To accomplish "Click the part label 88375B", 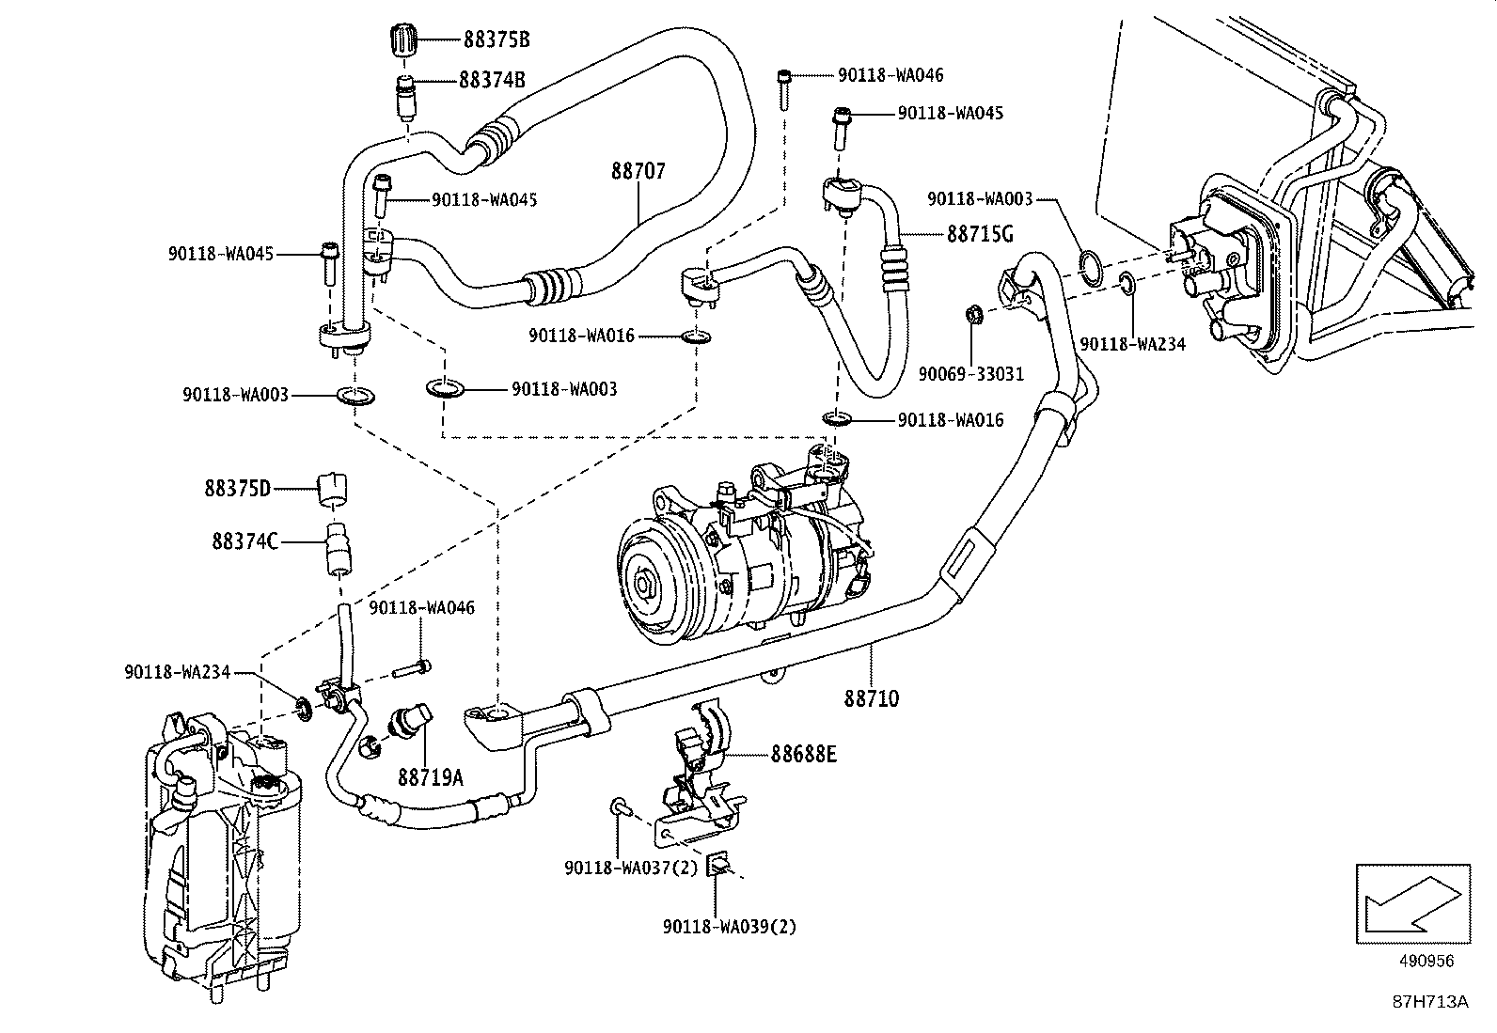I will (x=496, y=39).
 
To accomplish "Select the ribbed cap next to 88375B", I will (x=402, y=42).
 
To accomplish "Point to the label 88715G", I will (x=980, y=233).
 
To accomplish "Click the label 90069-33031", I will (x=970, y=373).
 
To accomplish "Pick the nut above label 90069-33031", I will (x=975, y=314).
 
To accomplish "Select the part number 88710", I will (x=871, y=698).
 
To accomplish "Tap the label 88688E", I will (x=803, y=753).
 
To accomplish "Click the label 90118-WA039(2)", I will (x=729, y=926).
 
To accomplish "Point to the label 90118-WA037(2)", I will (x=631, y=868).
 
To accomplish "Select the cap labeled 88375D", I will (x=334, y=486).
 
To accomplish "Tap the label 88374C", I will (x=244, y=541).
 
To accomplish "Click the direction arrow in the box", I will (x=1411, y=904).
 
